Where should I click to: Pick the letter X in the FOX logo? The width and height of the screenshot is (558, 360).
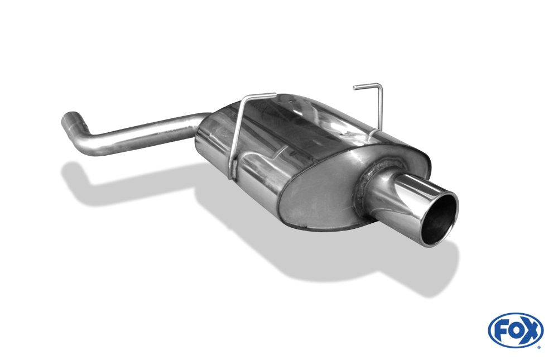[x=531, y=330]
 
